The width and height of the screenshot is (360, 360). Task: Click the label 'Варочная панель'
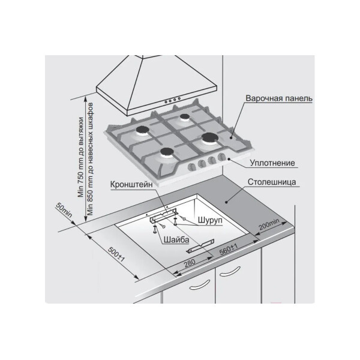point(279,98)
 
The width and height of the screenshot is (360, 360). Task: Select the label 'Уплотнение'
point(272,163)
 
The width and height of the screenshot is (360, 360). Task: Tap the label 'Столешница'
point(272,182)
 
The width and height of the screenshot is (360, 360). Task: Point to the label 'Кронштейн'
point(131,184)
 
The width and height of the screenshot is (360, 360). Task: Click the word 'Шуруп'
point(210,220)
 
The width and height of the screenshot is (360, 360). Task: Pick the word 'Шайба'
point(176,240)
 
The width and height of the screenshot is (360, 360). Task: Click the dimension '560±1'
point(229,250)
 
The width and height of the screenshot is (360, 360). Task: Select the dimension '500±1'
point(116,254)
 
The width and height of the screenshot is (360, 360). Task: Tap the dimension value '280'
point(190,263)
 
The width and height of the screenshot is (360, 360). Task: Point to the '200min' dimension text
point(269,224)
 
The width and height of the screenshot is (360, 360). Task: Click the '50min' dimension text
point(64,210)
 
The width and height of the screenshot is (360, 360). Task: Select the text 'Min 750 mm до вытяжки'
point(81,157)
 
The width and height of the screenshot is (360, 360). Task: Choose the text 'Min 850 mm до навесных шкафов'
point(90,159)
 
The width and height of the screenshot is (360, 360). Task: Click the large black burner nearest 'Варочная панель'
point(210,137)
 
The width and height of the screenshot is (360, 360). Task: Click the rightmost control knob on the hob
point(221,157)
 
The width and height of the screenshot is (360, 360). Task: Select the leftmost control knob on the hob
point(191,167)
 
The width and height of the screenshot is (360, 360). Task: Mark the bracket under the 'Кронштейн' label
point(163,215)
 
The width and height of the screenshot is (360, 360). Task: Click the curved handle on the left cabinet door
point(199,285)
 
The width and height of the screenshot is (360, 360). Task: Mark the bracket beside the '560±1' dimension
point(200,247)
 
